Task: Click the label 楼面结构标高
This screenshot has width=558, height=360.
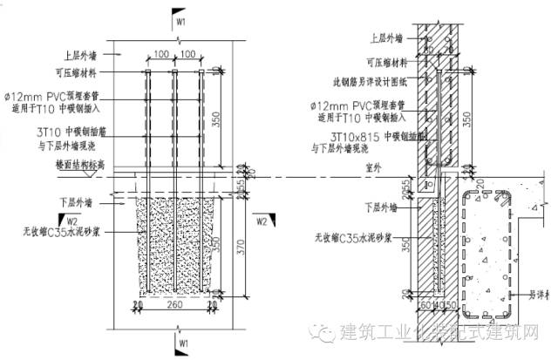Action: (80, 163)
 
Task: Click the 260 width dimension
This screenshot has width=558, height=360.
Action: (176, 306)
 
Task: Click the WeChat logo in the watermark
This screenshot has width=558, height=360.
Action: (324, 333)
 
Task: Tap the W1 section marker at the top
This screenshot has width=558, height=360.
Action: (180, 18)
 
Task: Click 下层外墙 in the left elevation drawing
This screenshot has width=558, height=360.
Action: (76, 201)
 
